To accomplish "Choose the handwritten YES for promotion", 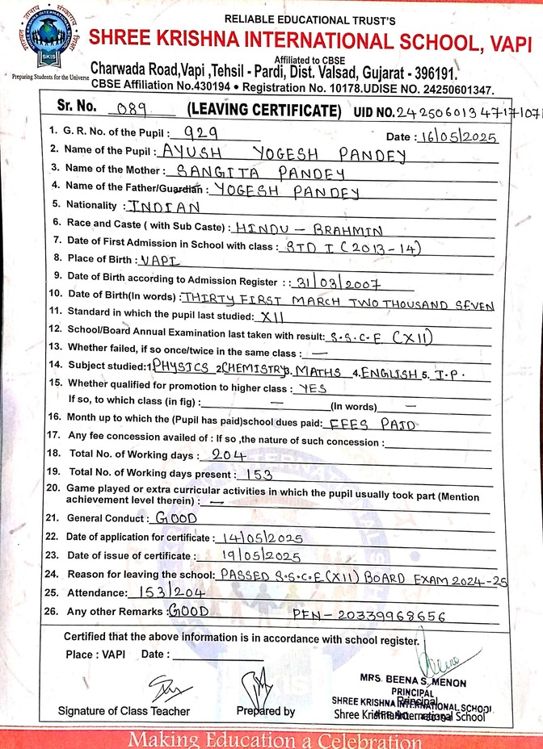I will (314, 387).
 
